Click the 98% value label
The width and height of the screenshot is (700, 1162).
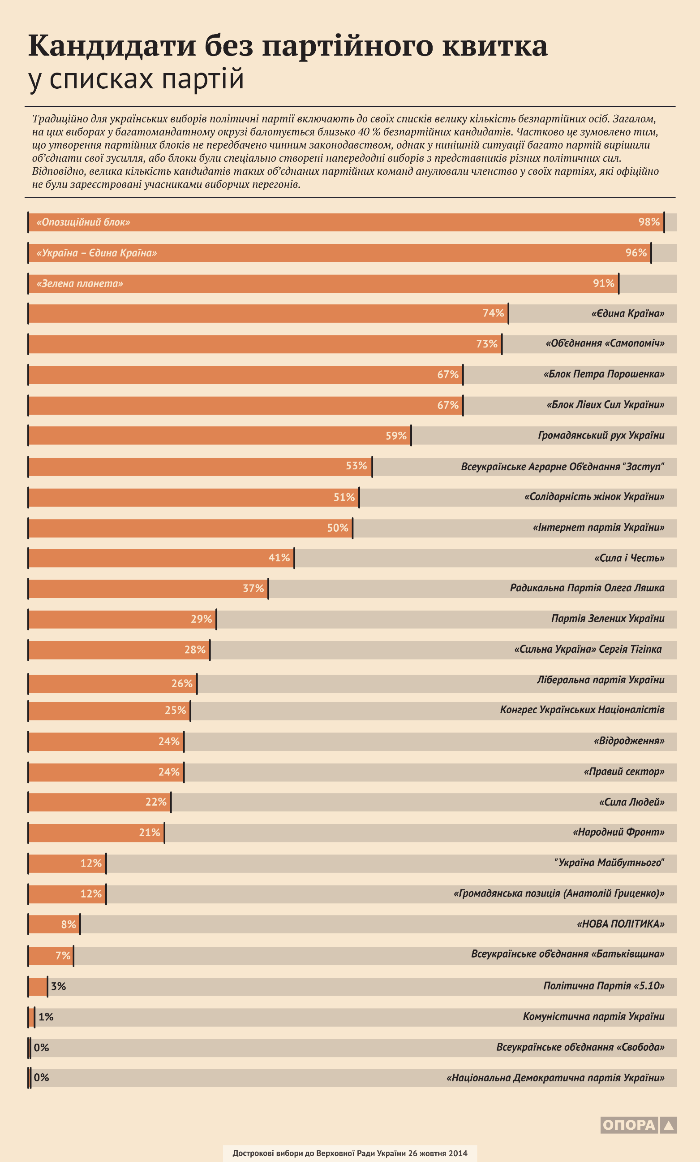648,222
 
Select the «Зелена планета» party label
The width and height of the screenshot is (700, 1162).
80,283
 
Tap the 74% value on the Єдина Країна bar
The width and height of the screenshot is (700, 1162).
493,313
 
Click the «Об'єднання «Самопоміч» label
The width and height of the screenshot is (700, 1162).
605,343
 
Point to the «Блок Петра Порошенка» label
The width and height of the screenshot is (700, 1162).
603,374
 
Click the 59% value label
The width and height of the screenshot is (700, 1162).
396,436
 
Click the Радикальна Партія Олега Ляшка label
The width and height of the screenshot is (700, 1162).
587,588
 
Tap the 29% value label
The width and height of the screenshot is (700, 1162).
201,619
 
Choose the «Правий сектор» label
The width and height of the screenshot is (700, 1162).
624,772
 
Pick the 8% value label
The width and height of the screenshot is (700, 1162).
69,924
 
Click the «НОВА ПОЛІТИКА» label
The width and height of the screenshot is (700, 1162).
620,924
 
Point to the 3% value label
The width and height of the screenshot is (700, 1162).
58,986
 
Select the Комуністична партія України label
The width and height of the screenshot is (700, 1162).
593,1016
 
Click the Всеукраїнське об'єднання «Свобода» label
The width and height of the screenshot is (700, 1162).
580,1047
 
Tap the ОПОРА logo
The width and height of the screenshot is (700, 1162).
639,1125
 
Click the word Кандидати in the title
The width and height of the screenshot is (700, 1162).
112,46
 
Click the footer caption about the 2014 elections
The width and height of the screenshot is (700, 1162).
349,1153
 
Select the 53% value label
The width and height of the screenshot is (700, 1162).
356,466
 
